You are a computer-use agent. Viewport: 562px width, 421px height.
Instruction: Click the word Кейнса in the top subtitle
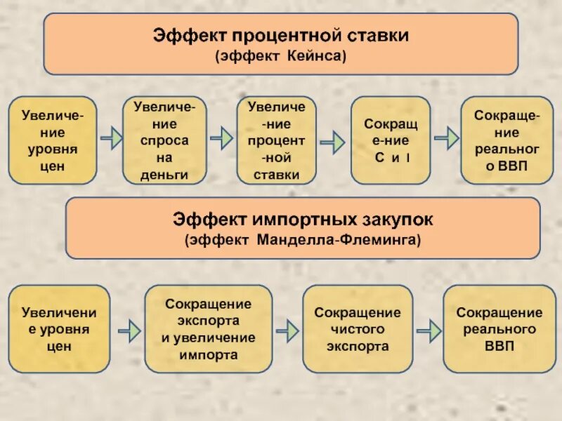coord(316,55)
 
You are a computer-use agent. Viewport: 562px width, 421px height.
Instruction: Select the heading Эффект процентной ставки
coord(281,34)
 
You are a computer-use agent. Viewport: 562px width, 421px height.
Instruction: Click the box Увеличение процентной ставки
coord(276,140)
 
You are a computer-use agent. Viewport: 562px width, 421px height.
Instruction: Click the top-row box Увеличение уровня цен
coord(53,140)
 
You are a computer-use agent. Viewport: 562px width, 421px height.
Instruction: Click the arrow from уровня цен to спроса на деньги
coord(110,139)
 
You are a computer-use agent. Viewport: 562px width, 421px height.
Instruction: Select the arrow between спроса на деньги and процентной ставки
coord(221,139)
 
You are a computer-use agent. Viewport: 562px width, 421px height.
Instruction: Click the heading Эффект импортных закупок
coord(303,220)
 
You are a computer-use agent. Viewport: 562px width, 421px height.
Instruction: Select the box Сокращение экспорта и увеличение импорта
coord(208,329)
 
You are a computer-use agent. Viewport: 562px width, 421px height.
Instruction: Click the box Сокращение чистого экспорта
coord(357,329)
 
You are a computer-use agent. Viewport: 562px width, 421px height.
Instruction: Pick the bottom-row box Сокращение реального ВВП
coord(499,329)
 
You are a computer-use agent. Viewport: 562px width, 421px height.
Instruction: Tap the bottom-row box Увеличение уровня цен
coord(59,328)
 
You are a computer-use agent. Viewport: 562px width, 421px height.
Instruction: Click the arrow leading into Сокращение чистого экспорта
coord(287,328)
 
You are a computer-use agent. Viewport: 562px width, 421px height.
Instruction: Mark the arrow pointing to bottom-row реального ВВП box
coord(429,328)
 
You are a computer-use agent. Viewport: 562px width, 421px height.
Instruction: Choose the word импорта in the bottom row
coord(208,355)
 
